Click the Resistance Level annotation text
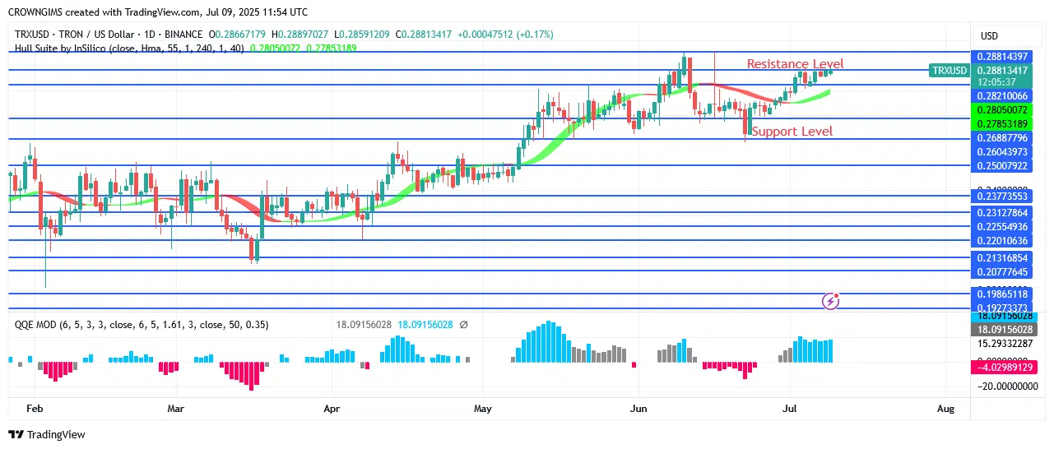point(795,64)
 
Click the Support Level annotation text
point(792,132)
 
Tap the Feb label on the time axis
point(35,408)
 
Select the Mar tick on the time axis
point(175,408)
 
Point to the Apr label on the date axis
point(332,408)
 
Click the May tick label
point(483,408)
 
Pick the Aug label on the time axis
point(945,408)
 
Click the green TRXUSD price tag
point(949,71)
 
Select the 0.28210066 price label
point(1001,96)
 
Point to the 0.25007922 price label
point(1001,166)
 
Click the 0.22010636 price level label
point(1001,241)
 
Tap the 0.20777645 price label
point(1001,272)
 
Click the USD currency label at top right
point(989,36)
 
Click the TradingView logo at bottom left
point(47,434)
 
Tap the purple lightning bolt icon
point(831,301)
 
